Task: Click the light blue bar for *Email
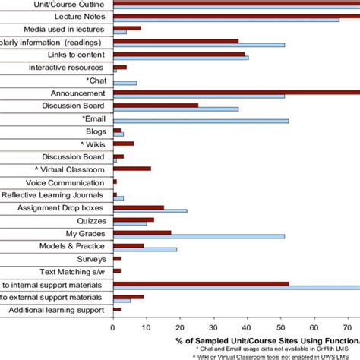[201, 121]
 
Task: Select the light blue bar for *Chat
[125, 83]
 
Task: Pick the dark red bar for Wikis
[123, 143]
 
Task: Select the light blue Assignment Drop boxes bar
[150, 210]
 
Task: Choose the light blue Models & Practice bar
[145, 249]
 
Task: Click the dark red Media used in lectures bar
[127, 28]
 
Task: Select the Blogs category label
[95, 131]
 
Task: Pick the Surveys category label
[90, 259]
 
